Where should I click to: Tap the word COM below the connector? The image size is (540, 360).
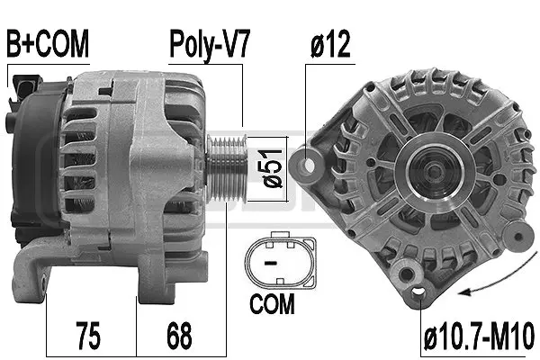click(273, 305)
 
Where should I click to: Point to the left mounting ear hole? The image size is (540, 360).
click(314, 166)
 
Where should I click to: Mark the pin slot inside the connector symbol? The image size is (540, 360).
click(269, 260)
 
